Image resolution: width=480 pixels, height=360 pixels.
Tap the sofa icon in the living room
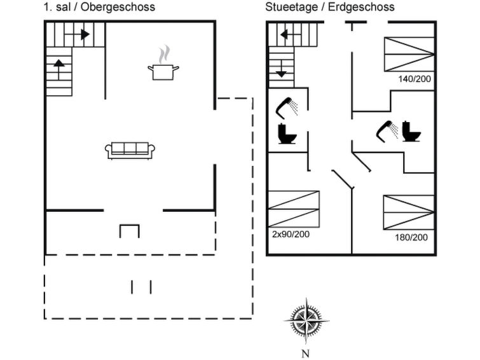click(x=130, y=151)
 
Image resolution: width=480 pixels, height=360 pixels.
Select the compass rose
click(x=306, y=321)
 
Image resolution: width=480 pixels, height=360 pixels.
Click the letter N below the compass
click(x=305, y=354)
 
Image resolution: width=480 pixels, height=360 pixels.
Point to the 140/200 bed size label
click(x=415, y=79)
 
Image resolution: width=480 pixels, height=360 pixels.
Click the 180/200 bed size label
click(x=411, y=237)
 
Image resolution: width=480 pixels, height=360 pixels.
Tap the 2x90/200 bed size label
click(x=291, y=235)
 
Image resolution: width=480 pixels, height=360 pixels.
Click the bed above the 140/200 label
click(x=409, y=55)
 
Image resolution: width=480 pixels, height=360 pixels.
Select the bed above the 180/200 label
click(x=409, y=212)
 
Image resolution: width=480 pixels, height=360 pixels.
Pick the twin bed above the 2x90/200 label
click(x=294, y=209)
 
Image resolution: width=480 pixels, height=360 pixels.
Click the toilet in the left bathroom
click(x=287, y=134)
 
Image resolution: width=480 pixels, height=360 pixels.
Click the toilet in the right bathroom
click(x=411, y=131)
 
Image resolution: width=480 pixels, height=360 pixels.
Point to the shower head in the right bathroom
click(x=387, y=132)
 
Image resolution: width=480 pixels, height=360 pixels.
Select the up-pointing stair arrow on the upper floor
click(x=58, y=69)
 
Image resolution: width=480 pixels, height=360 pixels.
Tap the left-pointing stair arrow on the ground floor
click(x=291, y=34)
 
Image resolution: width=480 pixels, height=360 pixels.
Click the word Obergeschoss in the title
click(x=118, y=7)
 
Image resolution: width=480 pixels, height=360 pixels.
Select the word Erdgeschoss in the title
click(x=361, y=7)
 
